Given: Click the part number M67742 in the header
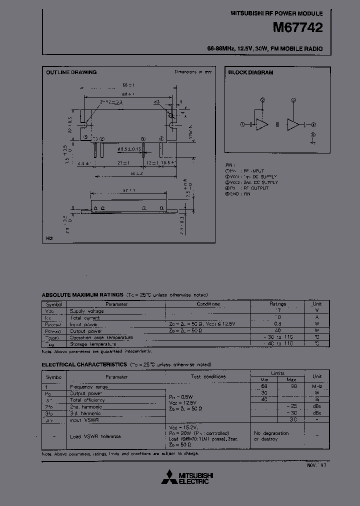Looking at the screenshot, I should (x=297, y=28).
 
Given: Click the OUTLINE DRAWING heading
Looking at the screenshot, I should (x=71, y=72).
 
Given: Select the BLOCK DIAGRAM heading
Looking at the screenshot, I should (x=250, y=72).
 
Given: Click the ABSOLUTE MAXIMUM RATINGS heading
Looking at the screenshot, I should (x=82, y=295).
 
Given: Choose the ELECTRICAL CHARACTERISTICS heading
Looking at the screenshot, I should (x=84, y=364).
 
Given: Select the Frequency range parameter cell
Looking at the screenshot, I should (x=88, y=386).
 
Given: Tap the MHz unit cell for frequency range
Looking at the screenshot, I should (x=317, y=386).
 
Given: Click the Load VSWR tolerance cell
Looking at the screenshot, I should (x=95, y=436).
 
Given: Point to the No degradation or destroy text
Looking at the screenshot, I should (x=271, y=436).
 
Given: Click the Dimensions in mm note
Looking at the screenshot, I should (x=192, y=72).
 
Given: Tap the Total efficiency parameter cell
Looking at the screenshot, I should (x=87, y=400).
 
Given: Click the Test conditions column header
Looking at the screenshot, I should (x=208, y=376).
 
